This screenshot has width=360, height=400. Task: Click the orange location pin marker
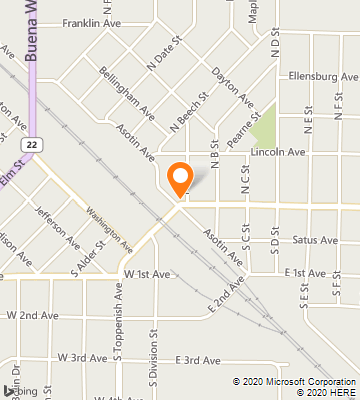click(x=180, y=178)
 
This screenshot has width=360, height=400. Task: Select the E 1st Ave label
click(x=305, y=272)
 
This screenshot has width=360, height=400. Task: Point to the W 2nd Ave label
click(x=31, y=315)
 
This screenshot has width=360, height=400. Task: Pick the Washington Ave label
click(x=109, y=229)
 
